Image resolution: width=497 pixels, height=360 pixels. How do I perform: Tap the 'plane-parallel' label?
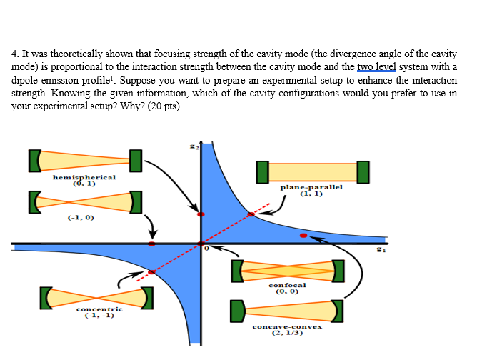311,186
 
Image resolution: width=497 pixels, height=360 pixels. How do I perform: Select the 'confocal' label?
288,286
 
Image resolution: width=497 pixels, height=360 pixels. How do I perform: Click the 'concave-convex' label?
288,326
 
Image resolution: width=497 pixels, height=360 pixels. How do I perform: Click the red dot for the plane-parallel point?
250,214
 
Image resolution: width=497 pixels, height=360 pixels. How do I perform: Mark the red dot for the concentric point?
151,271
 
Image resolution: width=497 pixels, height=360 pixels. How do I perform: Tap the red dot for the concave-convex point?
304,234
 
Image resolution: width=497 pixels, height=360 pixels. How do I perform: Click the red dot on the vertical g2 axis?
201,214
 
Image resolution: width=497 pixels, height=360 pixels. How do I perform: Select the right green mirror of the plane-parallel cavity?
363,172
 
